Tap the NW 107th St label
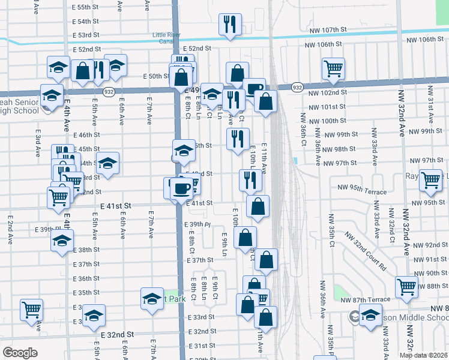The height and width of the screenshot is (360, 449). pos(328,29)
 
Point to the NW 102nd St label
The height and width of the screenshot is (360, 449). pos(328,92)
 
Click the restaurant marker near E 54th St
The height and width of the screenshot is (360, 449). pos(229,25)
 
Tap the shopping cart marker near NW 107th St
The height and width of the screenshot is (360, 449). pos(333,68)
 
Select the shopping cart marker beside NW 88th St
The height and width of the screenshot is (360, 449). pos(406,287)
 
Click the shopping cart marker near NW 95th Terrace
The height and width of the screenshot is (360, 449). pos(431,181)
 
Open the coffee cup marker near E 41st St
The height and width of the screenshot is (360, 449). pos(180,188)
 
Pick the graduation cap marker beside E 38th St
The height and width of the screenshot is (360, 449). pos(61,242)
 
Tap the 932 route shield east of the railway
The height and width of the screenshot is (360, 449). pos(297,88)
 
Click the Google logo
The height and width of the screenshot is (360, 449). pos(19,353)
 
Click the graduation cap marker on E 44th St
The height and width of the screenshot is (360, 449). pos(107,163)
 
